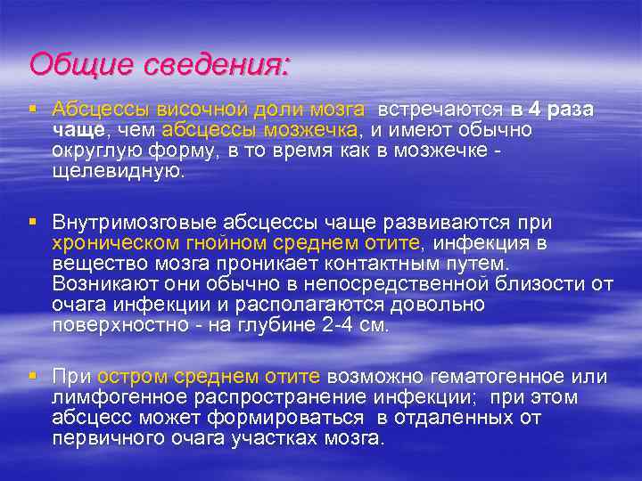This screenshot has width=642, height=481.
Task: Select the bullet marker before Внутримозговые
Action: [32, 222]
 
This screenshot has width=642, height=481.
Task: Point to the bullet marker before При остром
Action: [32, 376]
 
